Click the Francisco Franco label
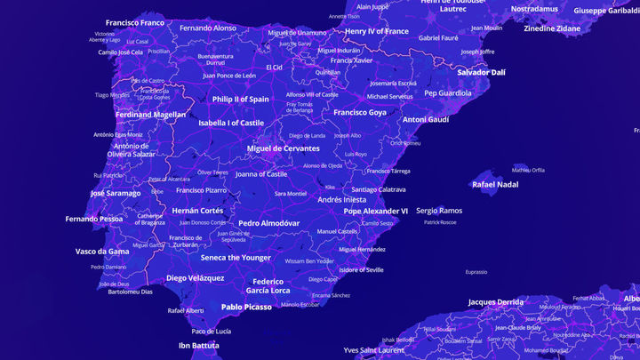135,22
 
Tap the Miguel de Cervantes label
283,148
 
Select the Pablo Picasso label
246,307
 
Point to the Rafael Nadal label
495,185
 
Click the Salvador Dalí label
482,72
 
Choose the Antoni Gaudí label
426,119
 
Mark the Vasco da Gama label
102,252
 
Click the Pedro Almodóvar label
269,223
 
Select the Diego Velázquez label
196,278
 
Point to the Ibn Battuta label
198,346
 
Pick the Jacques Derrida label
496,302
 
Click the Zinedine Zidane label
552,28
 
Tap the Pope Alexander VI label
376,212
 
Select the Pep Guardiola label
448,92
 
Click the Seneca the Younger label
236,258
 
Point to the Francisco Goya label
360,113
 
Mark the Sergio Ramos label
439,211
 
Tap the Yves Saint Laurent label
374,350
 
